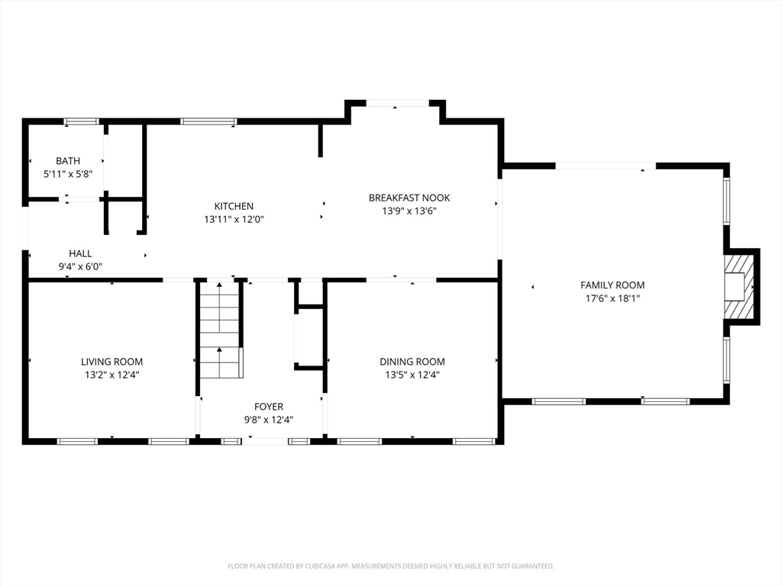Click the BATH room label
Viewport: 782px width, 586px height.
(x=68, y=161)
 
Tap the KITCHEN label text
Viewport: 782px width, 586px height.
(x=234, y=206)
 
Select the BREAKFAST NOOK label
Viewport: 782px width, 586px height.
(x=409, y=198)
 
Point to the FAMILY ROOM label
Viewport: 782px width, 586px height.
(x=612, y=285)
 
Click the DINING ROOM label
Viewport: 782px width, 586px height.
(x=412, y=362)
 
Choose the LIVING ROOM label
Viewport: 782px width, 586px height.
(x=112, y=362)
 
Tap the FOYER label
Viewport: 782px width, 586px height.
(x=269, y=407)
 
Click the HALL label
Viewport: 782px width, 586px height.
(x=80, y=253)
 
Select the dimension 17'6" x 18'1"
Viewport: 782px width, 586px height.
(x=612, y=298)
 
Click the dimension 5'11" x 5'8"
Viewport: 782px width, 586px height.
(x=68, y=174)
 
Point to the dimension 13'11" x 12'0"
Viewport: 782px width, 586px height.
(x=234, y=219)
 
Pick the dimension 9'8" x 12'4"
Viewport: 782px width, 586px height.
(x=269, y=420)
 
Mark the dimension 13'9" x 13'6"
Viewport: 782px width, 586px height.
(x=409, y=211)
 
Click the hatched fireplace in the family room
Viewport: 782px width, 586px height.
(x=739, y=287)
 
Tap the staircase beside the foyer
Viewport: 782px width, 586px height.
(x=220, y=330)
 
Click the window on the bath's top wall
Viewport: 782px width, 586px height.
(x=81, y=121)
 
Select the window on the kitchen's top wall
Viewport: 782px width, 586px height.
(x=208, y=121)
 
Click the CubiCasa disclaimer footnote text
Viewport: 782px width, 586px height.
(x=391, y=566)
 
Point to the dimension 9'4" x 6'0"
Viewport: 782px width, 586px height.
(x=80, y=266)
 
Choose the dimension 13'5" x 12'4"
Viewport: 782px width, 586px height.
(x=412, y=375)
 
